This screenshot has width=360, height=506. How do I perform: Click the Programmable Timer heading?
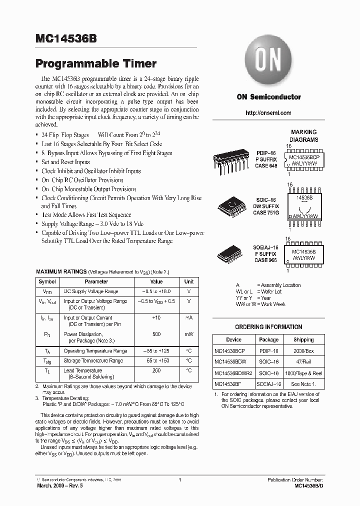pyautogui.click(x=95, y=63)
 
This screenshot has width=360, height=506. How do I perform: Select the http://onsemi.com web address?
pyautogui.click(x=268, y=113)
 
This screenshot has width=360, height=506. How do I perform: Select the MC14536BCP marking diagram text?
pyautogui.click(x=303, y=156)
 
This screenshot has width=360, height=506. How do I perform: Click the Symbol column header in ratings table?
pyautogui.click(x=47, y=282)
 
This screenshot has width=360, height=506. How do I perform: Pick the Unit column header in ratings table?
pyautogui.click(x=188, y=282)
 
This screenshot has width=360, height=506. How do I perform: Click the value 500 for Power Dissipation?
pyautogui.click(x=156, y=333)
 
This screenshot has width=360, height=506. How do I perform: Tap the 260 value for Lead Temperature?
pyautogui.click(x=156, y=370)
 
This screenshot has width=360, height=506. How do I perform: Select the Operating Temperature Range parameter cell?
pyautogui.click(x=95, y=351)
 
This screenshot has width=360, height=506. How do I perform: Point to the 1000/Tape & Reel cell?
pyautogui.click(x=303, y=372)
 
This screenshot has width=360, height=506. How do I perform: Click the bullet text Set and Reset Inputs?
pyautogui.click(x=65, y=162)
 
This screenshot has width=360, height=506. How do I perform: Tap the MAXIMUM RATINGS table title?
pyautogui.click(x=61, y=271)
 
